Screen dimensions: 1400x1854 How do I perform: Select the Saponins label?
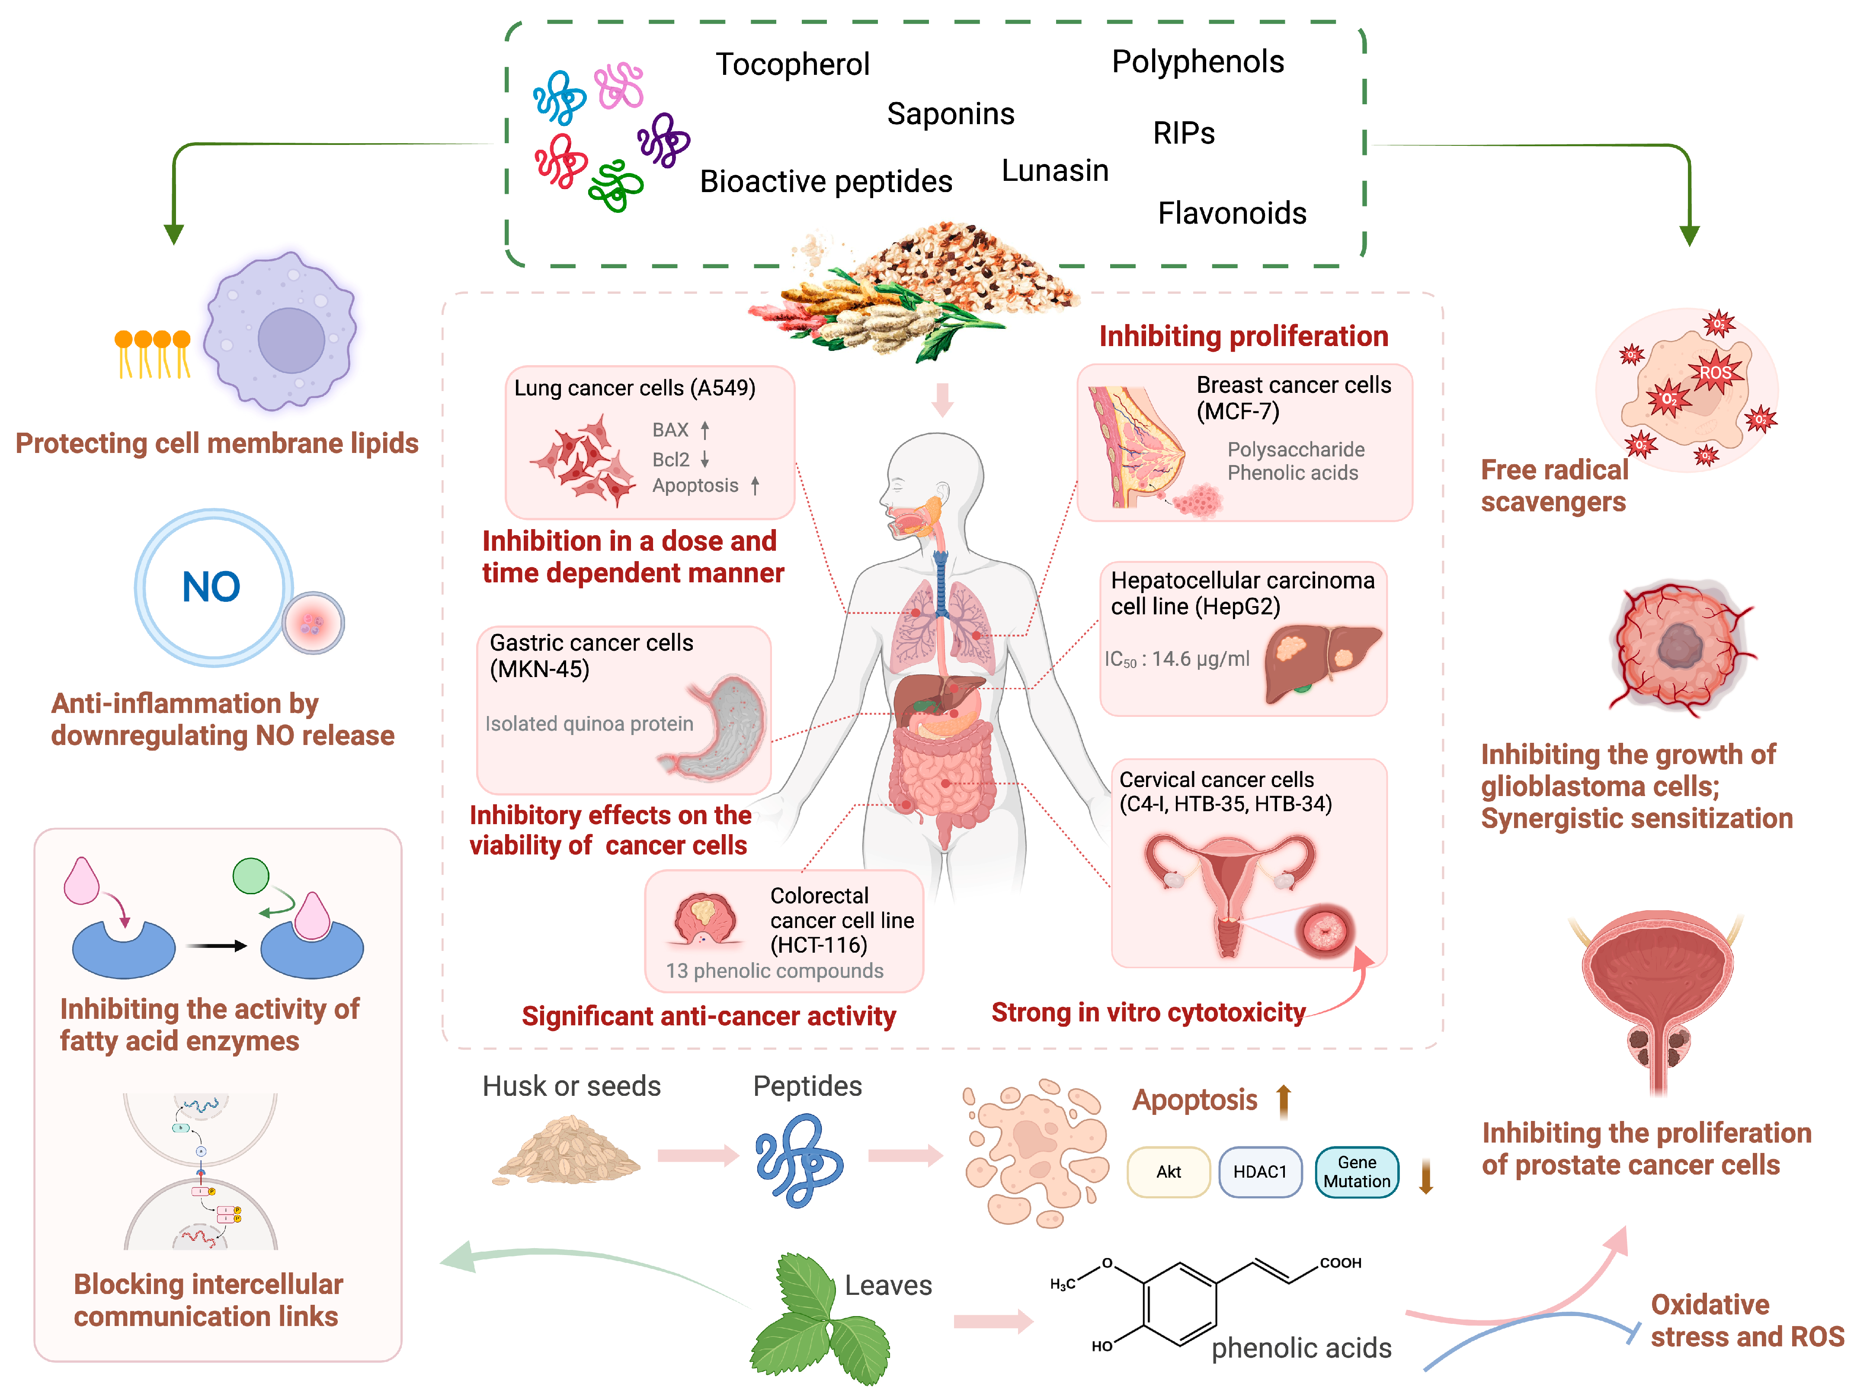[x=951, y=114]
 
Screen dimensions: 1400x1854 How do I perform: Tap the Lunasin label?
[x=1054, y=171]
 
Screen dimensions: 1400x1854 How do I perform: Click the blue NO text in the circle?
[x=211, y=587]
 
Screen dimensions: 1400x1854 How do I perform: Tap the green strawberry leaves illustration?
[x=817, y=1320]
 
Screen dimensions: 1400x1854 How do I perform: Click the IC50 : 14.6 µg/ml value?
[x=1177, y=660]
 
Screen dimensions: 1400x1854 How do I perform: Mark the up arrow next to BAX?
[x=705, y=430]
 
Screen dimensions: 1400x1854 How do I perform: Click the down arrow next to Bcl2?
[x=705, y=459]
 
